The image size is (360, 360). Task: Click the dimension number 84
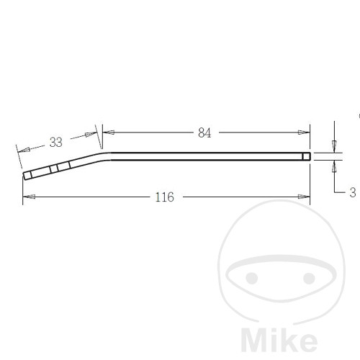coord(204,132)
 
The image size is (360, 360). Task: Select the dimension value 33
coord(56,142)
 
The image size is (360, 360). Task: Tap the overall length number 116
coord(164,197)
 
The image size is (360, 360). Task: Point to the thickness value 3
coord(353,192)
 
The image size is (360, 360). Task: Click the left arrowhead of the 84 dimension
coord(109,132)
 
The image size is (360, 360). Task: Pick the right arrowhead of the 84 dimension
coord(304,132)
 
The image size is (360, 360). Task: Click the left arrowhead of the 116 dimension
coord(29,197)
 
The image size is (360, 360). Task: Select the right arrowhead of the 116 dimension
coord(304,197)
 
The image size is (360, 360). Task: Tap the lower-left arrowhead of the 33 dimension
coord(24,150)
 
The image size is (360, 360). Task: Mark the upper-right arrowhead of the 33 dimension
coord(91,134)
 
